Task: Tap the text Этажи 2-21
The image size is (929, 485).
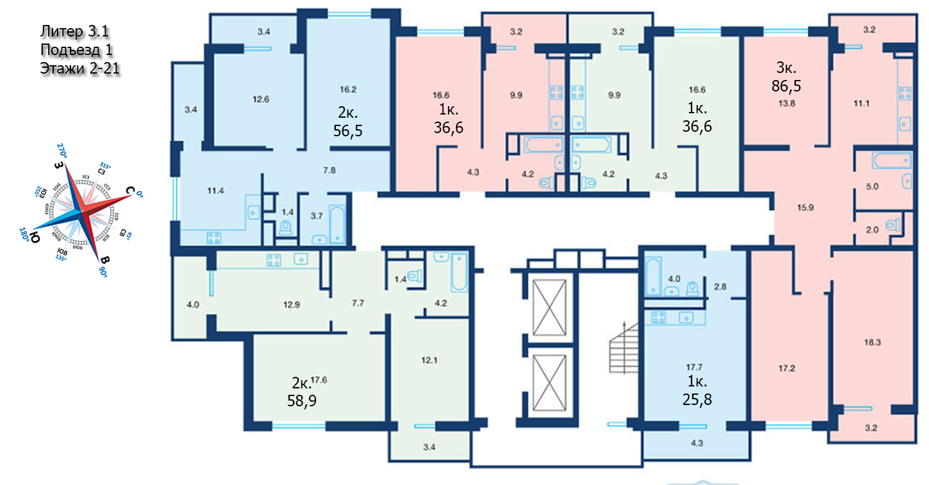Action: [81, 68]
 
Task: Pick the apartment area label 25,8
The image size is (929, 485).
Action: [696, 401]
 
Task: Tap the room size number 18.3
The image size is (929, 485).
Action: [873, 342]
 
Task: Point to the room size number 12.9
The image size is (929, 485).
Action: [291, 305]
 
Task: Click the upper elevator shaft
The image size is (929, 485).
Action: [550, 308]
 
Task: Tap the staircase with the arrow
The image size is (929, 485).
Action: [623, 352]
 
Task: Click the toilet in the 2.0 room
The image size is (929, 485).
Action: [894, 225]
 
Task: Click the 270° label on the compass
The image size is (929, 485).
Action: [61, 150]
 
